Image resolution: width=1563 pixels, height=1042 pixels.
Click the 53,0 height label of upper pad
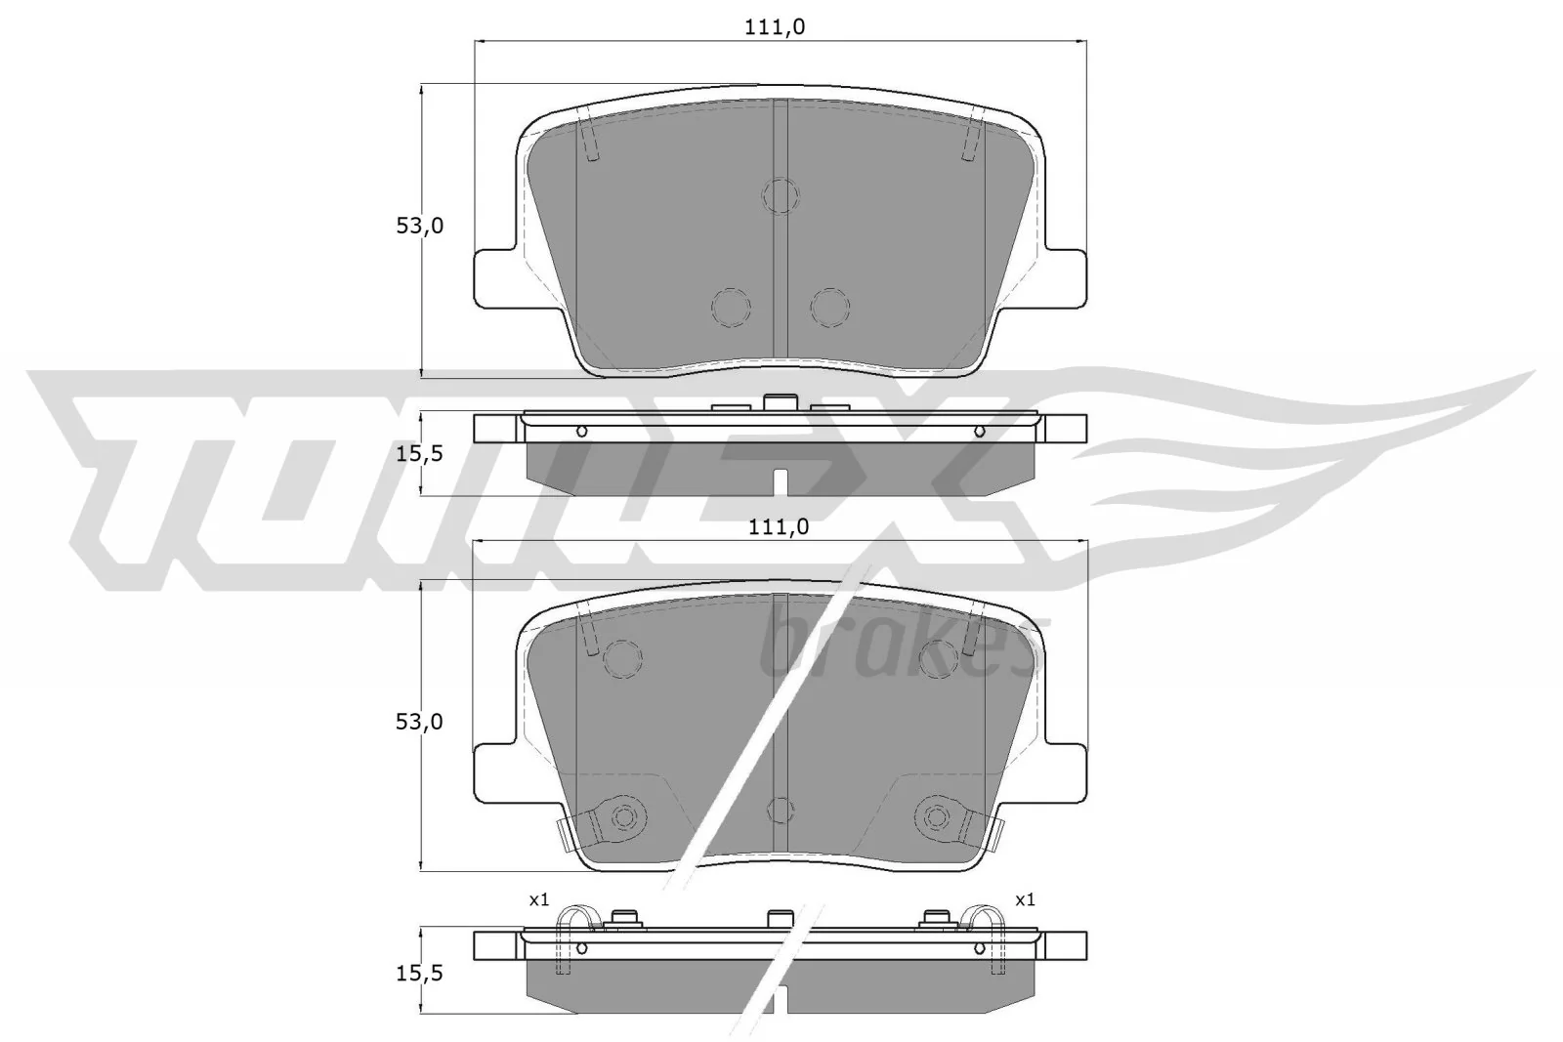point(419,226)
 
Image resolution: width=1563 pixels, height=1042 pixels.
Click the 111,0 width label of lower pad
point(779,527)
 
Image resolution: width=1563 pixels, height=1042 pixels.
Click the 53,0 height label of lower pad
point(419,722)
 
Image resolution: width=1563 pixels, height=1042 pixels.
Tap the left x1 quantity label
point(540,899)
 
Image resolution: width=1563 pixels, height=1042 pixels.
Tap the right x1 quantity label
point(1025,899)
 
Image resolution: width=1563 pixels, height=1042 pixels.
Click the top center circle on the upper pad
point(781,195)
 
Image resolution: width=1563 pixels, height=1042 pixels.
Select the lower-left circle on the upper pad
point(731,308)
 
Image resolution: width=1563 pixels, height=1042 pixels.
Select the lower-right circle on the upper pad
point(829,308)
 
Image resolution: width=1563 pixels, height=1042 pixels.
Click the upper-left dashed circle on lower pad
point(622,658)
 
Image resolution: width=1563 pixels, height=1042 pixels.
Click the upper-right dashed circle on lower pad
point(939,658)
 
